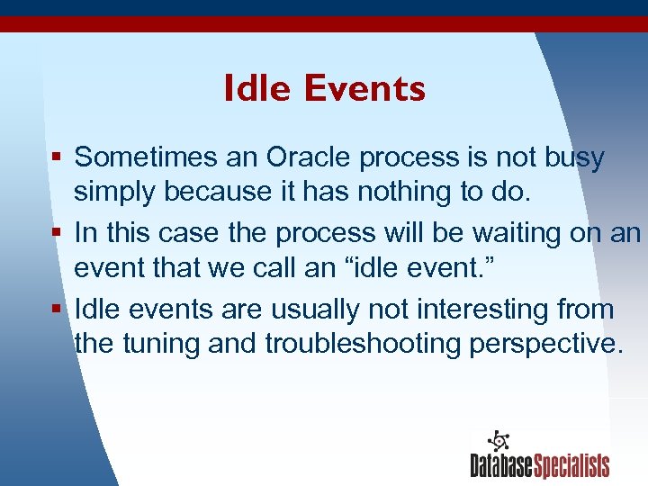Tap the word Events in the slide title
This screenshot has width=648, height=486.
[x=364, y=88]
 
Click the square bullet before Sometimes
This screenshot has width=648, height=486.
[x=56, y=158]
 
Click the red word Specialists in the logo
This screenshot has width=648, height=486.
[x=571, y=465]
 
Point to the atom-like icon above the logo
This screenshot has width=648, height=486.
[x=498, y=440]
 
